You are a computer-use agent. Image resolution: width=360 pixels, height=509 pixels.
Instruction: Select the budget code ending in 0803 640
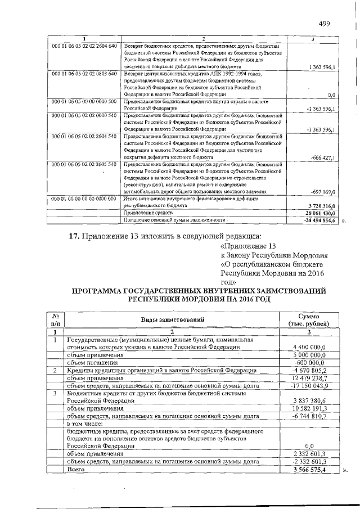tap(84, 74)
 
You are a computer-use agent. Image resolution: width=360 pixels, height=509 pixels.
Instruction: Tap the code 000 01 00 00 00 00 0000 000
tap(84, 199)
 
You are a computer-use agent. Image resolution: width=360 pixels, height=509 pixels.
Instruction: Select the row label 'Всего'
tap(75, 468)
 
